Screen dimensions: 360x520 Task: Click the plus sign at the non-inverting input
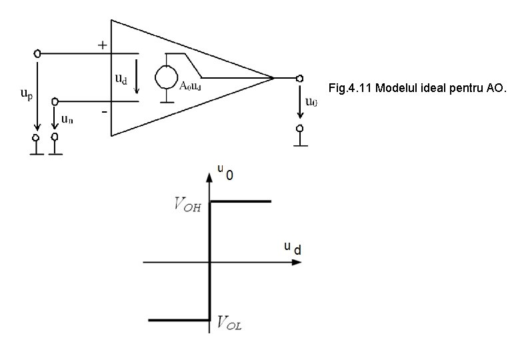tap(102, 45)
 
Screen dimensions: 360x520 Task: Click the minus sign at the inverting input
tap(104, 112)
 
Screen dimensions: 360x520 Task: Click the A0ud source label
tap(191, 85)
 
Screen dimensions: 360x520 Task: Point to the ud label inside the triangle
tap(121, 79)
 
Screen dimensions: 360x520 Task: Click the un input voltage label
tap(67, 119)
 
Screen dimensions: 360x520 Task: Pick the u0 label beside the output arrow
tap(311, 102)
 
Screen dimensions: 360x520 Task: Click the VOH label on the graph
tap(189, 205)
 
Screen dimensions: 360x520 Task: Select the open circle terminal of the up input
tap(38, 53)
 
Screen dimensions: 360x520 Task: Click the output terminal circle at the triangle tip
tap(300, 78)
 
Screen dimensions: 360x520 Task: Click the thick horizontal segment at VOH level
tap(240, 201)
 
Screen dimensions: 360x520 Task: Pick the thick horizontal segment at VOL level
tap(179, 321)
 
